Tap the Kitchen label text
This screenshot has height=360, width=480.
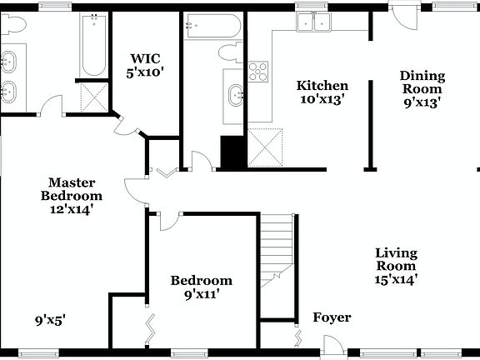322,86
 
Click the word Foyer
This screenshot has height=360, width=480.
332,317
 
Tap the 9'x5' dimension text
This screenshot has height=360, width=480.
50,318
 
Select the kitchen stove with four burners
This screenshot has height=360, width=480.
258,70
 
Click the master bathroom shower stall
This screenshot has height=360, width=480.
94,97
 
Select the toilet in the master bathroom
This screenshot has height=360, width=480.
11,25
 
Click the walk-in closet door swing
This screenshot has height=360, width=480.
123,126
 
